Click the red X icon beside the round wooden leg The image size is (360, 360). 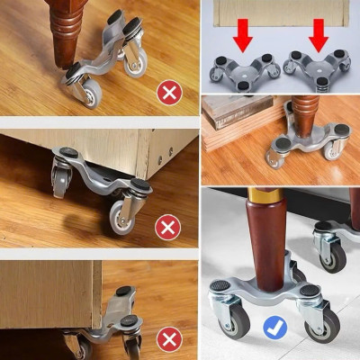click(166, 92)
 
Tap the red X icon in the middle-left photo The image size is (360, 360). click(166, 227)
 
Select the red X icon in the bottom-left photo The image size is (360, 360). click(166, 339)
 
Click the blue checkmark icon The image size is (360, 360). click(274, 328)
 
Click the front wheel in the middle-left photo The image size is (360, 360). click(121, 217)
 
